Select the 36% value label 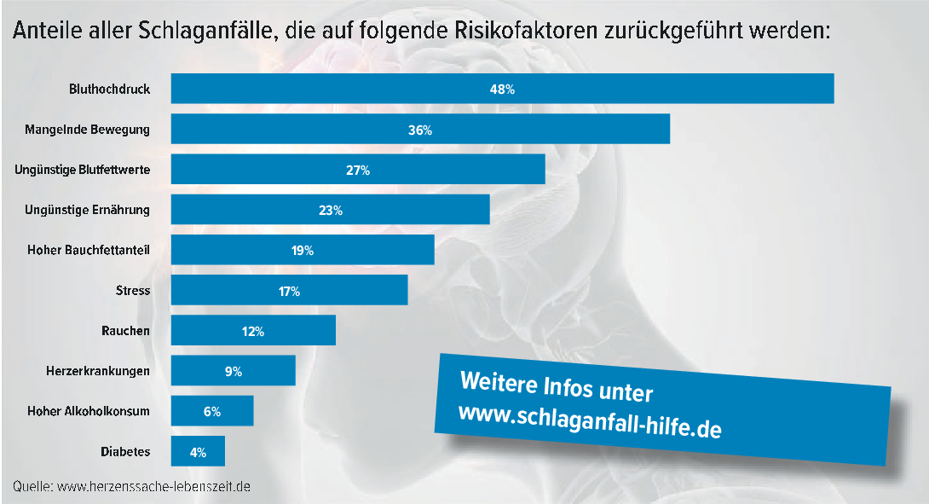[x=420, y=130]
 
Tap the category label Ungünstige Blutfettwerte [x=83, y=170]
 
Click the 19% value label [x=303, y=251]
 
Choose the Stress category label [x=133, y=291]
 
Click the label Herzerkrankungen [x=98, y=371]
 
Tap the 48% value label [x=503, y=89]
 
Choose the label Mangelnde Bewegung [x=88, y=130]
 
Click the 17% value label [x=290, y=291]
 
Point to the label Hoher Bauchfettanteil [x=89, y=251]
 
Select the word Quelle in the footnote [x=32, y=486]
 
